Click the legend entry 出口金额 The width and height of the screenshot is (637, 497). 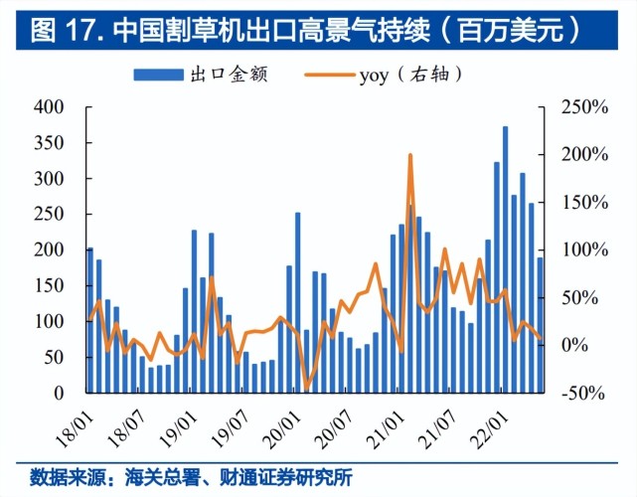[202, 74]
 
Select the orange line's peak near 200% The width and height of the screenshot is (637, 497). [410, 155]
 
